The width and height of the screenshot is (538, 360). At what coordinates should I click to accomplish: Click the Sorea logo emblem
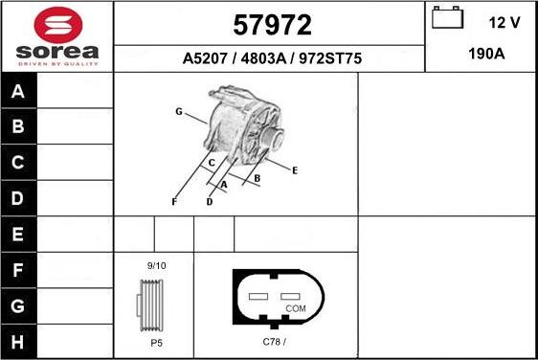tap(56, 23)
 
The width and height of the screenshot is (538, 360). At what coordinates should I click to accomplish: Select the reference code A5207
tap(204, 58)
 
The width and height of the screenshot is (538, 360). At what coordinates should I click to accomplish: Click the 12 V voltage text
tap(504, 21)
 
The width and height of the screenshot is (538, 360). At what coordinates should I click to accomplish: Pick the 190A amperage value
tap(486, 55)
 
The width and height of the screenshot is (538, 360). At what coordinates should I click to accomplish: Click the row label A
tap(19, 92)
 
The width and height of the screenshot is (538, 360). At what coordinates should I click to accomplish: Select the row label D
tap(19, 198)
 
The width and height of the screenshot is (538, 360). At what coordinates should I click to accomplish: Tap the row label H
tap(19, 341)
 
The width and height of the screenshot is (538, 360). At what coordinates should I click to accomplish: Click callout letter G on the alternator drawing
tap(178, 112)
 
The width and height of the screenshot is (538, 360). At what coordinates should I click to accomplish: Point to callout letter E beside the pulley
tap(295, 170)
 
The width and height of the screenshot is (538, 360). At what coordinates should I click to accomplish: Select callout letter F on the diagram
tap(173, 202)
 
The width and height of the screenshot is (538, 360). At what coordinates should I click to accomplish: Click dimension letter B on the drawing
tap(258, 178)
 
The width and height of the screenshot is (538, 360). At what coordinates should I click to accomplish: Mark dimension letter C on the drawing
tap(211, 163)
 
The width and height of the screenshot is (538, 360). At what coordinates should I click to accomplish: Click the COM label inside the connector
tap(296, 308)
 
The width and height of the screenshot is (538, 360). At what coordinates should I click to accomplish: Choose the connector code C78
tap(274, 342)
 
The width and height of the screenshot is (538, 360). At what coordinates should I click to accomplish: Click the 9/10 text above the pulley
tap(156, 265)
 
